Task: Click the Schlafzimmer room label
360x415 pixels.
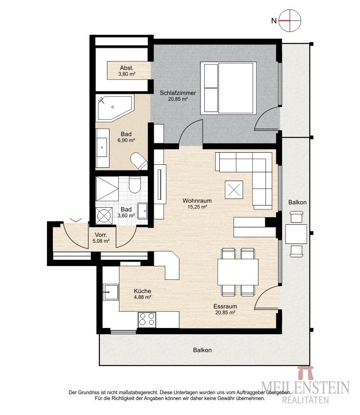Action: tap(178, 93)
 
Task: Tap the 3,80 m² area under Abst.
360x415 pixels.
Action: tap(127, 74)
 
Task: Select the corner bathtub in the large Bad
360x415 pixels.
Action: tap(114, 109)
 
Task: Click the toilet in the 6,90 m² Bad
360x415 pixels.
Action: tap(139, 161)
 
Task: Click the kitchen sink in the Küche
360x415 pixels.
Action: tap(110, 292)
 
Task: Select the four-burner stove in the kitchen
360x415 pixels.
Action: tap(147, 319)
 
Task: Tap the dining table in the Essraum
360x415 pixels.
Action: tap(238, 272)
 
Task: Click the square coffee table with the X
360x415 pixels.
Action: tap(234, 189)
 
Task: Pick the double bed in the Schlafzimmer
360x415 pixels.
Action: tap(228, 88)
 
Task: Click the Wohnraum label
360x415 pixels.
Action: tap(197, 201)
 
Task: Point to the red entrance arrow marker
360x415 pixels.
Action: tap(75, 220)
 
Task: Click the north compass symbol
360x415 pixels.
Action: tap(290, 20)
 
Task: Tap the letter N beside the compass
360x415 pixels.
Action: tap(274, 21)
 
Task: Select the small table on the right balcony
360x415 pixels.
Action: tap(296, 234)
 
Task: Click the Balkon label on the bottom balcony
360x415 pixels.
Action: tap(202, 350)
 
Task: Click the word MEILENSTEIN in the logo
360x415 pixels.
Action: tap(305, 388)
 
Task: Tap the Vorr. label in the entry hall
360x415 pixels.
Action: tap(101, 235)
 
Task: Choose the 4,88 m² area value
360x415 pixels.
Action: tap(142, 297)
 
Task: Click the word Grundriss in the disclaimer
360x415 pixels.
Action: tap(87, 393)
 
